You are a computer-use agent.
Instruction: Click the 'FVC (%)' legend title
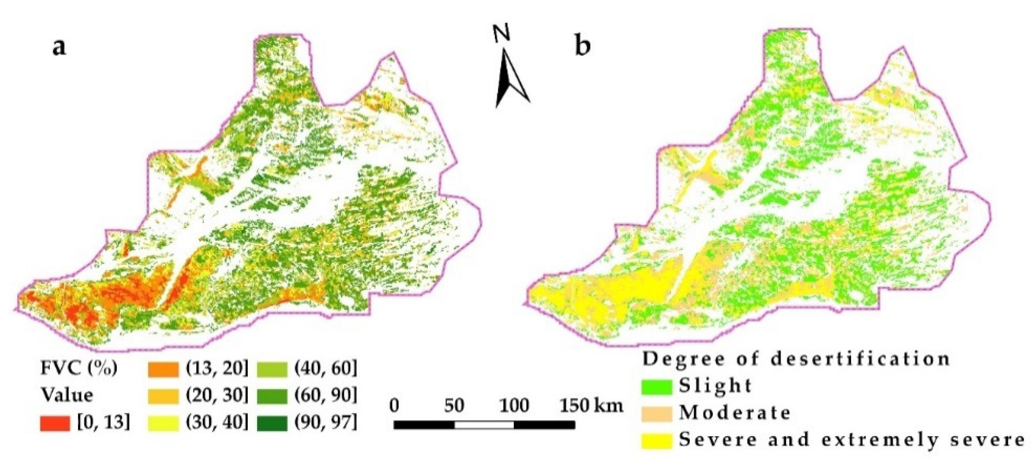[79, 368]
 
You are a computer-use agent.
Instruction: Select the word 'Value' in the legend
[67, 395]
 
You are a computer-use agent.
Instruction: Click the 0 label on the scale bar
[394, 405]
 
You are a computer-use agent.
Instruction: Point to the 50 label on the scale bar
[454, 405]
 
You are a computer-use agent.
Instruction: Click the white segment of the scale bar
[484, 425]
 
